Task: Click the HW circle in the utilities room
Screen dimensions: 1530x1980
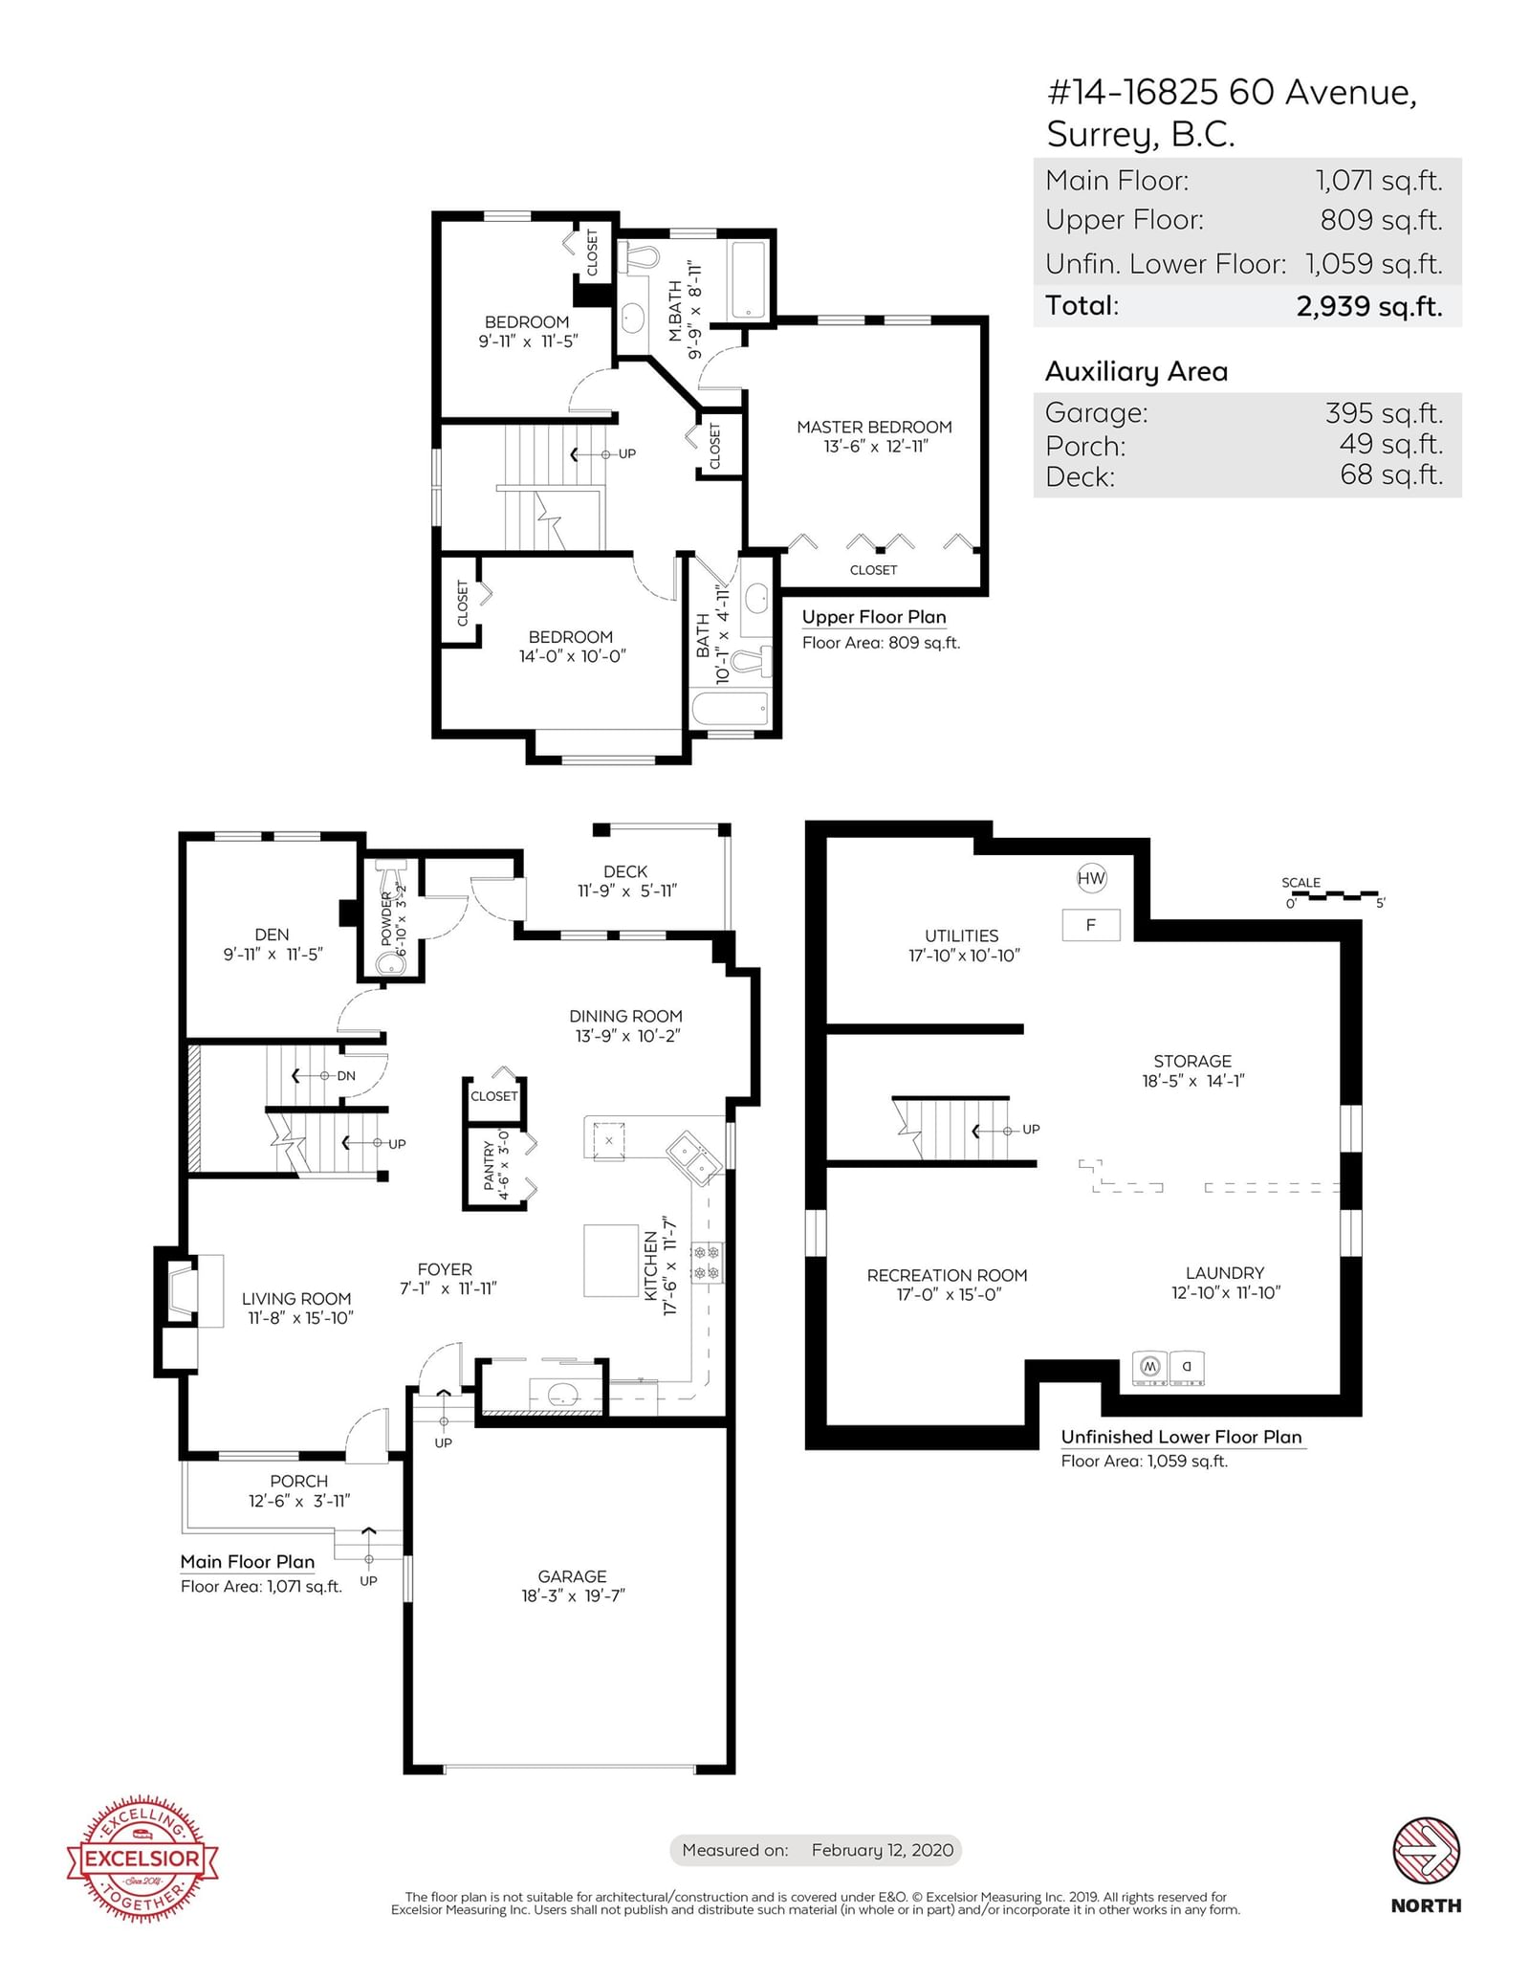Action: pos(1091,878)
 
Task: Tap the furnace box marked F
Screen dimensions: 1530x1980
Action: pos(1091,925)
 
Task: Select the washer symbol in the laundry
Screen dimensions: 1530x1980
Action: pos(1149,1367)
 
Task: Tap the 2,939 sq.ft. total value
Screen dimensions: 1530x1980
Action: pos(1369,306)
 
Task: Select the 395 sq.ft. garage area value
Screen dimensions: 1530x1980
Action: pos(1384,413)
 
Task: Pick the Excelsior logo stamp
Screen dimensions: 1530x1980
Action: pos(142,1859)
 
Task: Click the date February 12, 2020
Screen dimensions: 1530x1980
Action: pos(883,1850)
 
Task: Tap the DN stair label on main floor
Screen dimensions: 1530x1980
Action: pos(346,1075)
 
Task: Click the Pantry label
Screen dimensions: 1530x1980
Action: pos(490,1164)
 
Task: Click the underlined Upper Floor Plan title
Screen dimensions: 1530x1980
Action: pos(874,618)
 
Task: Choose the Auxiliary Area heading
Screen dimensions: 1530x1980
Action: pos(1136,371)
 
